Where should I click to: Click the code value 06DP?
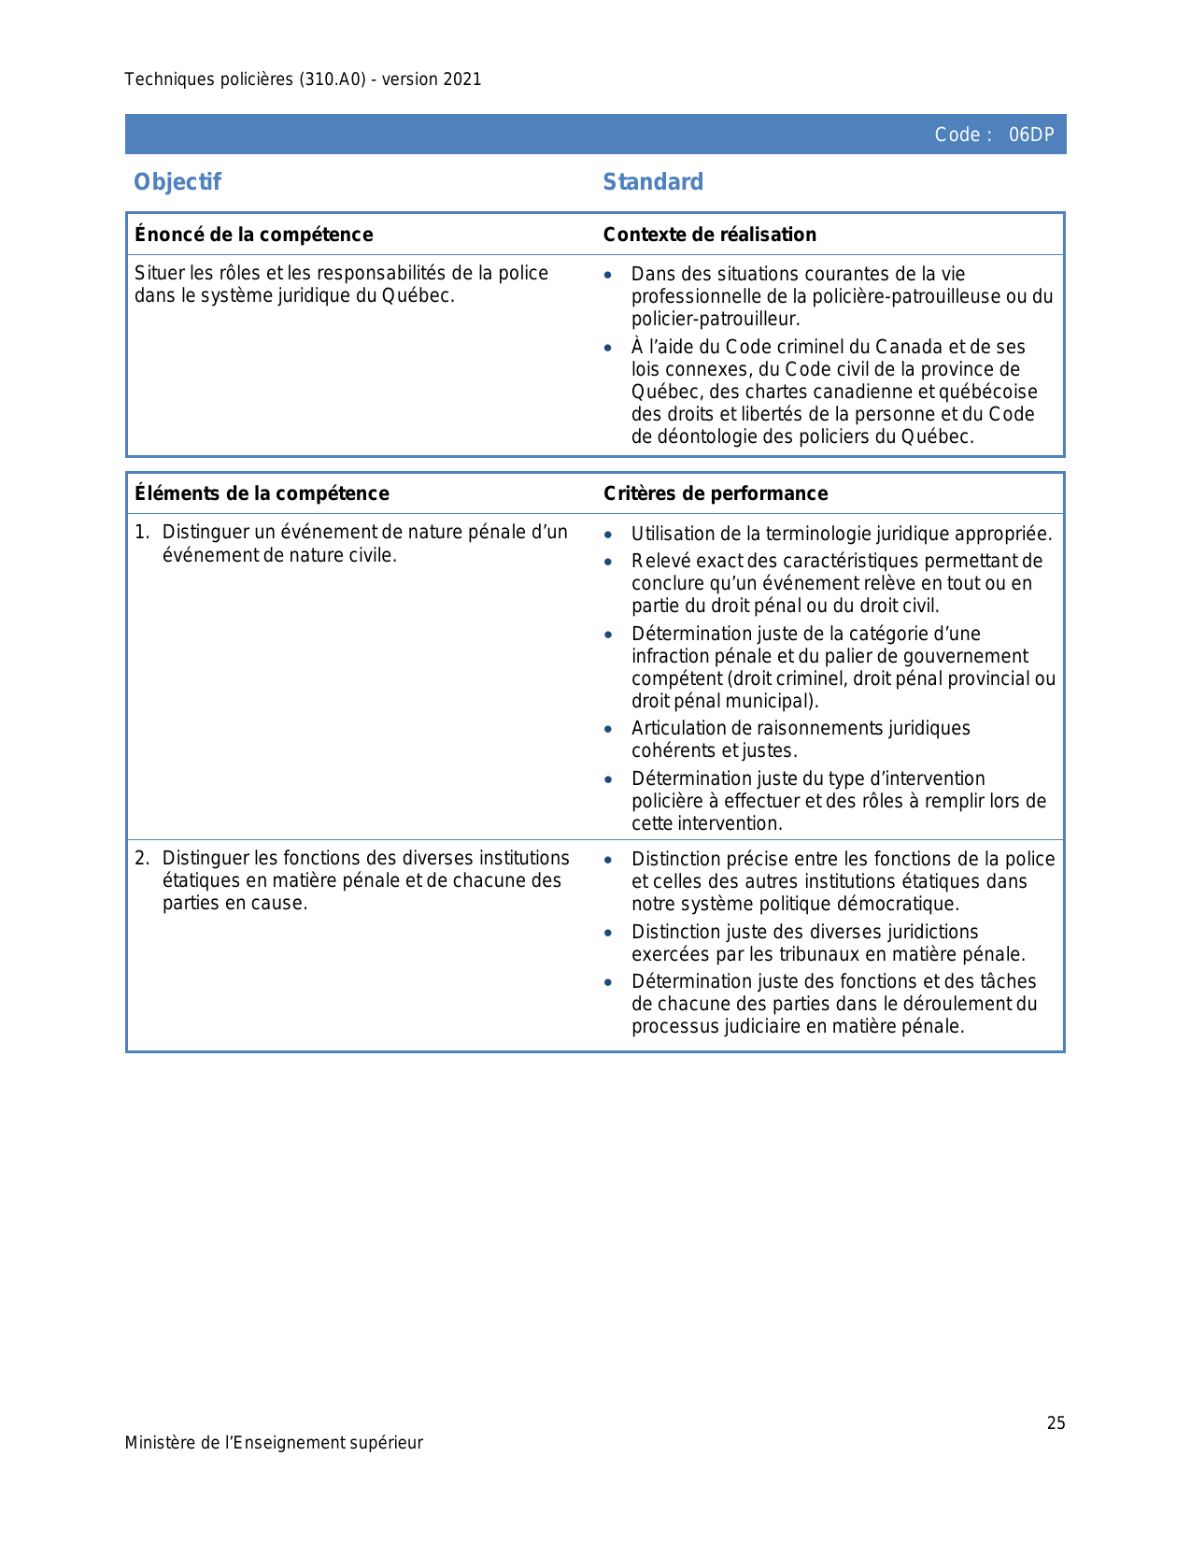coord(1030,135)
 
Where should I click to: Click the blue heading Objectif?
coord(177,181)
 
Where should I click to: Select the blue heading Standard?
coord(653,181)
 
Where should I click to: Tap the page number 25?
coord(1056,1423)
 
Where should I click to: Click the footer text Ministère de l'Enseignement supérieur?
coord(274,1443)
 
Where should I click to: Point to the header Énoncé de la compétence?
coord(253,235)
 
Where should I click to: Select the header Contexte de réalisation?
coord(709,235)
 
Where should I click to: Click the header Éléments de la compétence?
coord(262,493)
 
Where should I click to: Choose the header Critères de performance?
coord(716,493)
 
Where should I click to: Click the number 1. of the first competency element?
coord(141,533)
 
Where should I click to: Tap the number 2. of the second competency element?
coord(141,858)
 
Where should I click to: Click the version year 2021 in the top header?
coord(462,79)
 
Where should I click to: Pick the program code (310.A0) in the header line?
coord(333,79)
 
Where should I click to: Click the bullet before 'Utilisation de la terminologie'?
coord(608,535)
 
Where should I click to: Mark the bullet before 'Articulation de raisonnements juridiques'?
coord(608,729)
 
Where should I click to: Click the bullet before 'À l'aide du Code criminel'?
coord(608,348)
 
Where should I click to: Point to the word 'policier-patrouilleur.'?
coord(716,319)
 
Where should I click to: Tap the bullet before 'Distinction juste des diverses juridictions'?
coord(608,933)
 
